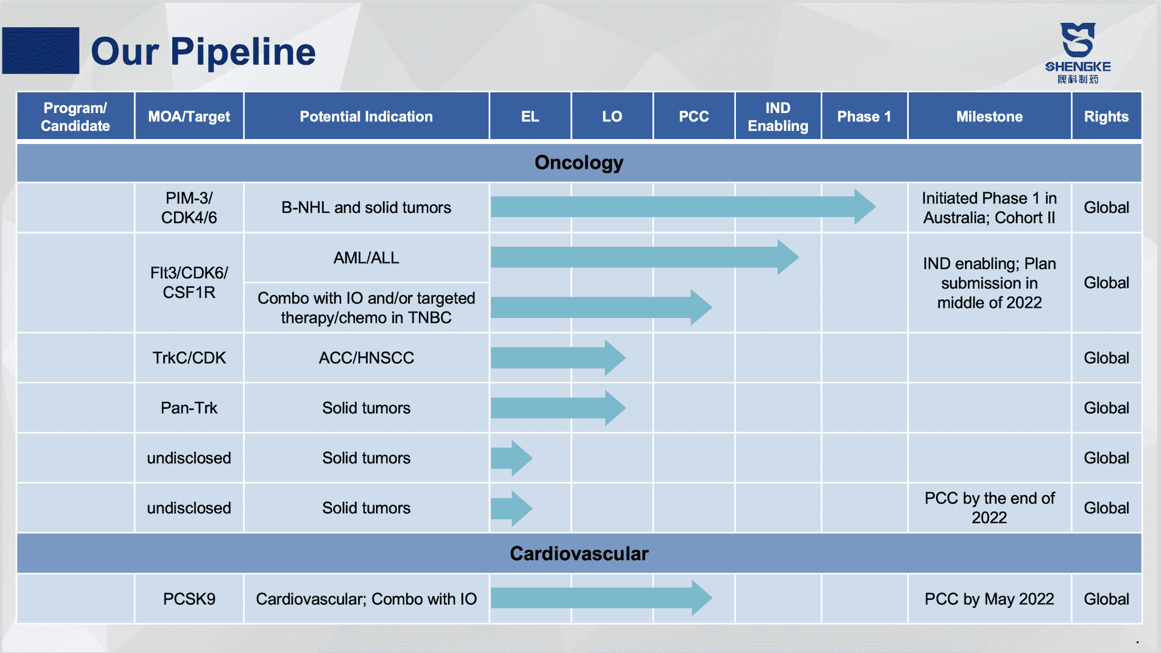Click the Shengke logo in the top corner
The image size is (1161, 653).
pos(1078,53)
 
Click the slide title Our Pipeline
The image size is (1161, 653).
pos(203,51)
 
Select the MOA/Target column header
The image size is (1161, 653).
pos(189,117)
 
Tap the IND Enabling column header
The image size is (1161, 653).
pos(778,117)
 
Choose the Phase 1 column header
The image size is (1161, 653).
pos(864,117)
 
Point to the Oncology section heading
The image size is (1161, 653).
pos(579,163)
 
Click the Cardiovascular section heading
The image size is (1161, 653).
pos(579,553)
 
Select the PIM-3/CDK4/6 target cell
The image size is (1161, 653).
pos(189,207)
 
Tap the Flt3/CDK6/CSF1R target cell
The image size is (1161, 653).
pos(189,282)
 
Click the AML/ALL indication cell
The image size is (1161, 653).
pos(366,258)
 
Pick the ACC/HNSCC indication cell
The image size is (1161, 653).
pos(366,357)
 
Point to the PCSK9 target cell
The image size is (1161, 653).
pos(189,599)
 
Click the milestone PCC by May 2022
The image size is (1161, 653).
pos(989,599)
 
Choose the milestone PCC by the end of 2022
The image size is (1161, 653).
pos(989,508)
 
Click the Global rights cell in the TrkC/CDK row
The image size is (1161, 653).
pos(1106,357)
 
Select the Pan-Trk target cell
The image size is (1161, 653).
pos(189,408)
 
